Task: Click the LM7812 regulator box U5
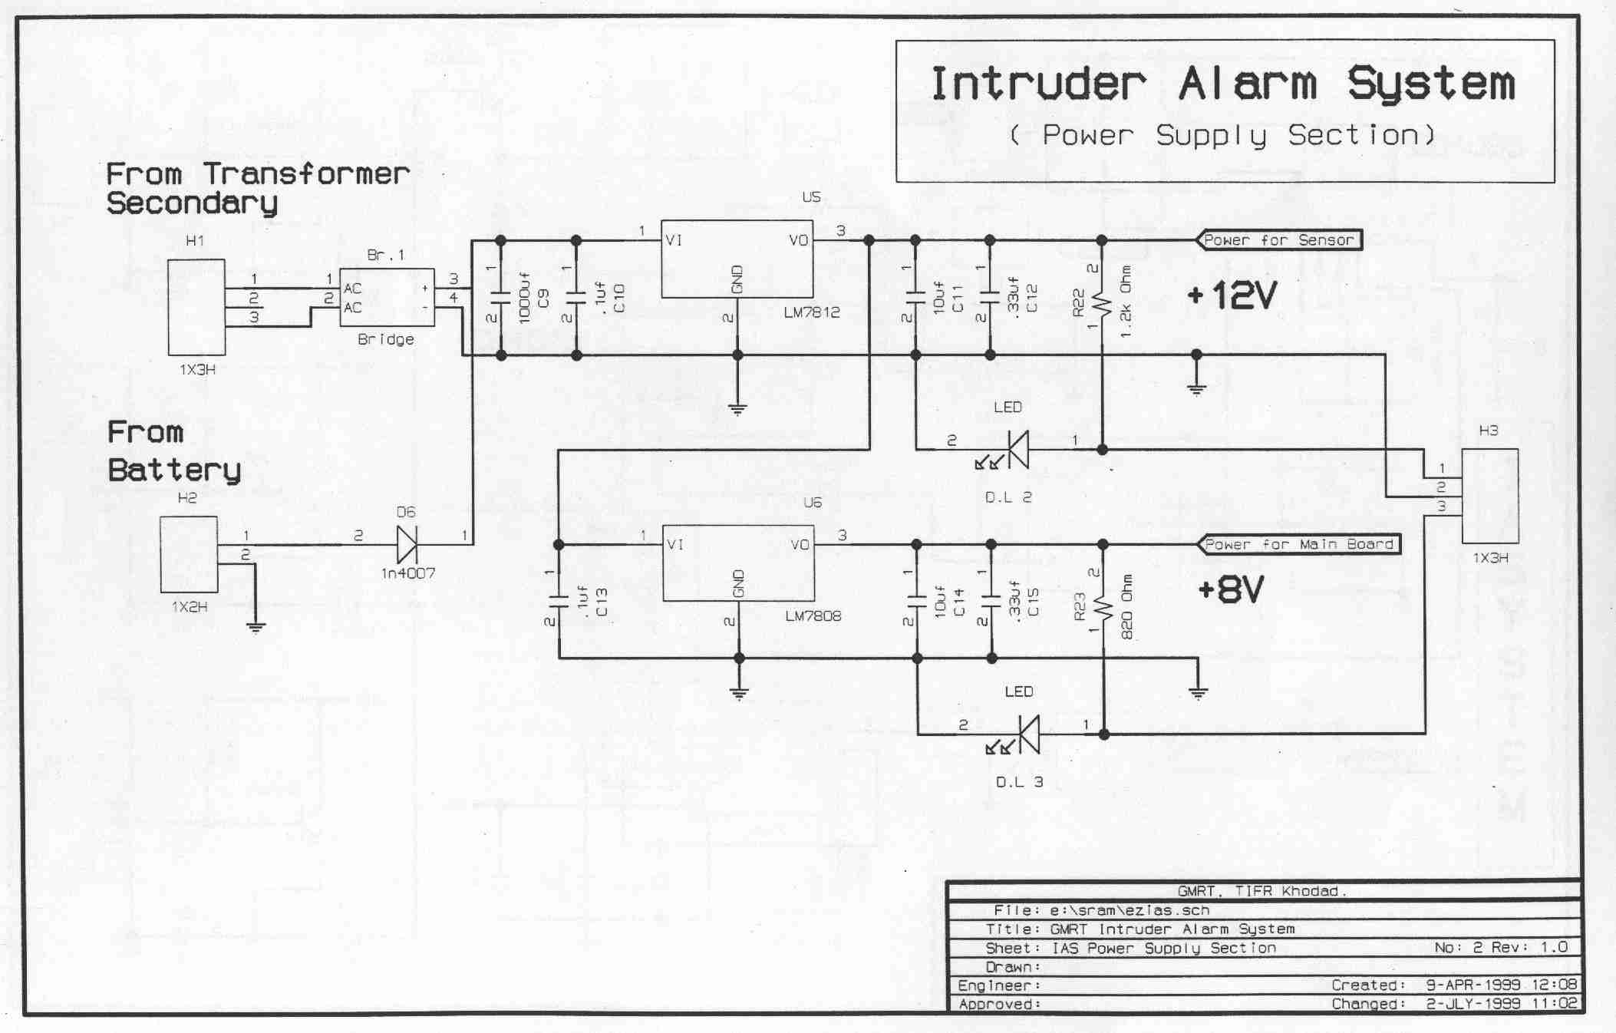(737, 259)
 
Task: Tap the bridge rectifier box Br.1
(387, 297)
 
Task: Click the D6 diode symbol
(407, 544)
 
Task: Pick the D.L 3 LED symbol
(1027, 734)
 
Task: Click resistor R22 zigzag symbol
(1102, 305)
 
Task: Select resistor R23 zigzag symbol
(1103, 609)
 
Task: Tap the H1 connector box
(196, 306)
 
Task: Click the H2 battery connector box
(189, 554)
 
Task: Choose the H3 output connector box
(1489, 497)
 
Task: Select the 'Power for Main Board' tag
(1298, 544)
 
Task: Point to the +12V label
(1231, 295)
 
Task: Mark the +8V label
(1230, 590)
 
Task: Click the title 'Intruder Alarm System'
(1223, 84)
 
